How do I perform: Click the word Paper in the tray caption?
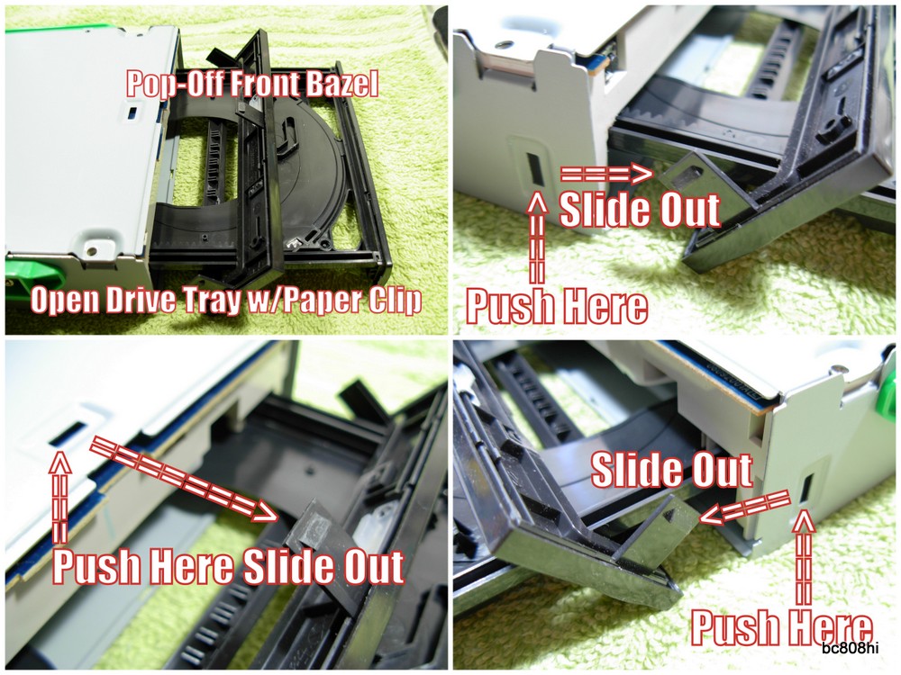point(321,301)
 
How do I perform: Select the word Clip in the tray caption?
point(393,301)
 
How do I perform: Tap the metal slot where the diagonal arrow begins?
point(65,436)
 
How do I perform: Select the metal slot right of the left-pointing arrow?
point(805,491)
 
